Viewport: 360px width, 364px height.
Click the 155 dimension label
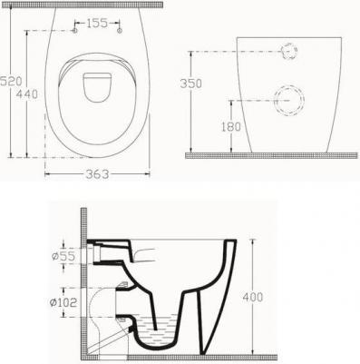(97, 23)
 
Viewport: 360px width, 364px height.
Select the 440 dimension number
(27, 93)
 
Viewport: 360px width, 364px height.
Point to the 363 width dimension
(97, 174)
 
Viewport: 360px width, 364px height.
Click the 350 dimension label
(190, 84)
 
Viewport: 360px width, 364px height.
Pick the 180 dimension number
(231, 127)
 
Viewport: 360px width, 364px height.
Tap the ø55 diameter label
(63, 256)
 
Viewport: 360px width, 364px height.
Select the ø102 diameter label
(63, 302)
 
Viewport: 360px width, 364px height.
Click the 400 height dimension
(253, 297)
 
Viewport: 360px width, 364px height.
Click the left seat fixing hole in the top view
(74, 31)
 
